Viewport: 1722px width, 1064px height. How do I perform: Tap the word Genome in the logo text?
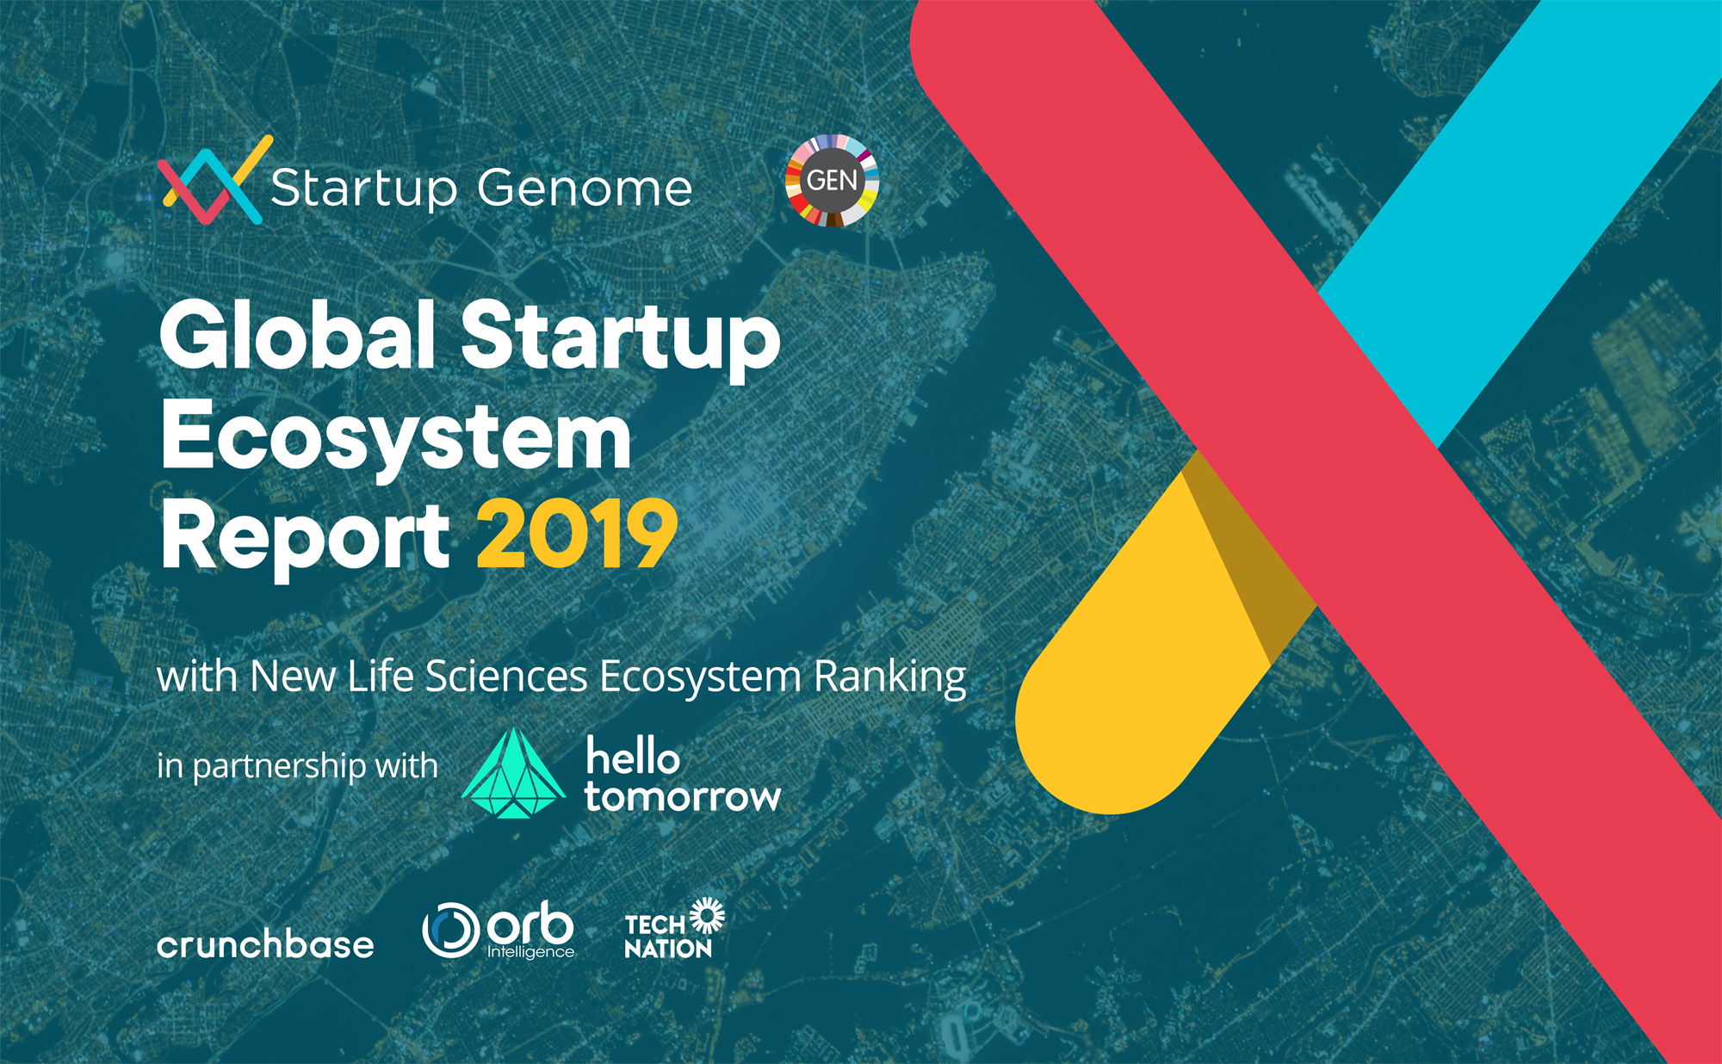(x=585, y=189)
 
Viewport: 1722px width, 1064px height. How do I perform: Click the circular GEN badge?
(x=832, y=181)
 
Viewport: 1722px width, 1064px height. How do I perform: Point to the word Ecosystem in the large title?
(x=396, y=439)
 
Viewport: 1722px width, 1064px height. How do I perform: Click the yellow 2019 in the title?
(x=577, y=535)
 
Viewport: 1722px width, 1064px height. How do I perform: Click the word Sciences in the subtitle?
(x=506, y=677)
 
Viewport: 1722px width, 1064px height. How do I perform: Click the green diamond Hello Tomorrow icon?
(x=513, y=774)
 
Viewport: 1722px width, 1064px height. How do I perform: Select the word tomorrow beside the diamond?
(x=682, y=797)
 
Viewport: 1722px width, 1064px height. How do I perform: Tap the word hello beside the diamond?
(x=633, y=757)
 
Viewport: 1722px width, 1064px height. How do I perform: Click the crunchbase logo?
(x=265, y=945)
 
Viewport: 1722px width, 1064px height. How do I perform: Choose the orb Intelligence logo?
(x=499, y=931)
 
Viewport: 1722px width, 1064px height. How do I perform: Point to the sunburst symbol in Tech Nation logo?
(x=707, y=915)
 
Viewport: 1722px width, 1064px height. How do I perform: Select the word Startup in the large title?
(x=620, y=337)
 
